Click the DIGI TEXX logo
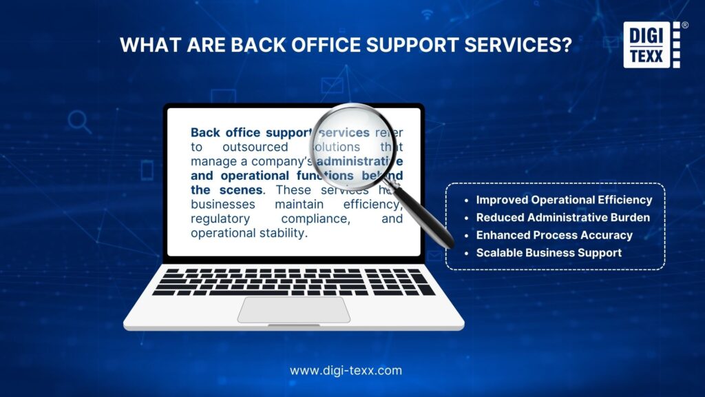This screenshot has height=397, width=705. pyautogui.click(x=651, y=45)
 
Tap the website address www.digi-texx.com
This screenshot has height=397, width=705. pyautogui.click(x=346, y=370)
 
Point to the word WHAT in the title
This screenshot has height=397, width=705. pyautogui.click(x=145, y=45)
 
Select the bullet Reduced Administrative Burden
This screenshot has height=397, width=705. pyautogui.click(x=563, y=218)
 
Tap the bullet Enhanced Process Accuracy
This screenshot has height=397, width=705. pyautogui.click(x=554, y=235)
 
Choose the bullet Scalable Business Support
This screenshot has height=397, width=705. pyautogui.click(x=549, y=253)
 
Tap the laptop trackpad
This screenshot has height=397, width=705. pyautogui.click(x=294, y=309)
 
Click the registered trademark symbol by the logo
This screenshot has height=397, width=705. pyautogui.click(x=685, y=25)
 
